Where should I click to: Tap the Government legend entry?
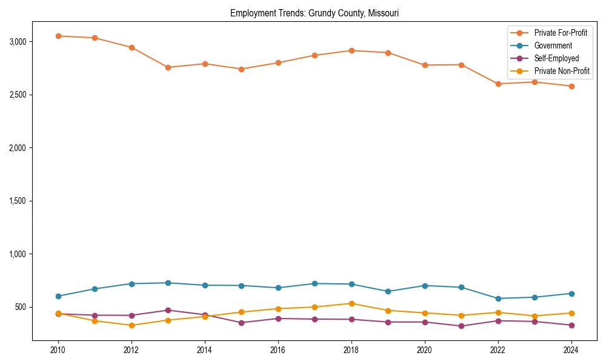pyautogui.click(x=553, y=45)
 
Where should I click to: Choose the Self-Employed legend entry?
pyautogui.click(x=556, y=58)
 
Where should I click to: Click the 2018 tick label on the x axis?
pyautogui.click(x=351, y=350)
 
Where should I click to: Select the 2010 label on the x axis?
pyautogui.click(x=58, y=350)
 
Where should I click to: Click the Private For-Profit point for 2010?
pyautogui.click(x=58, y=36)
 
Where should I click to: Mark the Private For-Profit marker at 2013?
pyautogui.click(x=168, y=67)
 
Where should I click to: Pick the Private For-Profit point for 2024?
pyautogui.click(x=571, y=86)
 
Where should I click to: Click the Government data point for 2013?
pyautogui.click(x=168, y=283)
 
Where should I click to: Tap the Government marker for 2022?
pyautogui.click(x=498, y=298)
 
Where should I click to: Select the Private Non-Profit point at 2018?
pyautogui.click(x=351, y=303)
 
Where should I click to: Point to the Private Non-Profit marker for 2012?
pyautogui.click(x=132, y=325)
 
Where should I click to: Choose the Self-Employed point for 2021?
pyautogui.click(x=461, y=326)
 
